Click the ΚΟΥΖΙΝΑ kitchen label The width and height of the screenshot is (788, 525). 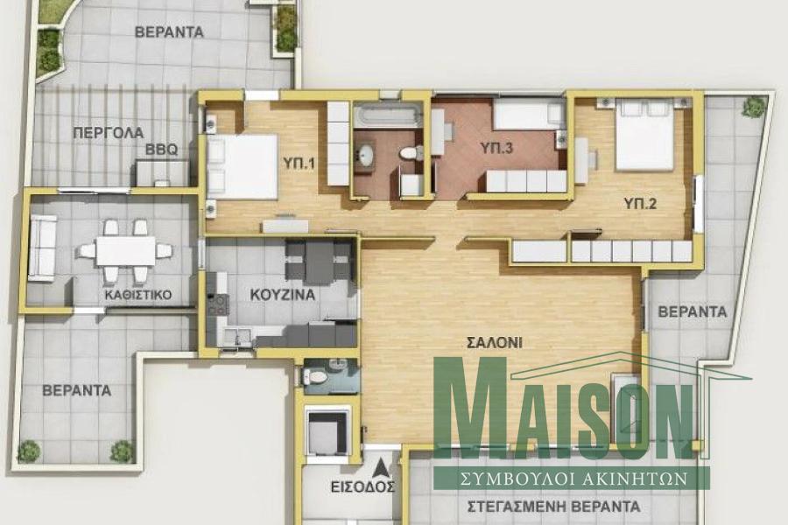[283, 294]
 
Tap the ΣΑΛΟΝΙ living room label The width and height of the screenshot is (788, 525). [495, 343]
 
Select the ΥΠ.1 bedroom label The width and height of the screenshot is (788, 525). [299, 163]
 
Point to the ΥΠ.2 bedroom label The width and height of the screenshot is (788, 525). [640, 204]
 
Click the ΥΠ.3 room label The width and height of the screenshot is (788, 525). [496, 148]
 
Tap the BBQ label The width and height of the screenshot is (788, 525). [161, 150]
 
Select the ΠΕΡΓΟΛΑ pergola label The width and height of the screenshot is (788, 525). [109, 133]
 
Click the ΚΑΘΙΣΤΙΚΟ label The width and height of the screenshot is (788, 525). [138, 294]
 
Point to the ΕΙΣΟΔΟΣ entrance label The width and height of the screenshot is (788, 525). [362, 486]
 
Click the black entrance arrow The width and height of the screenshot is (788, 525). [382, 468]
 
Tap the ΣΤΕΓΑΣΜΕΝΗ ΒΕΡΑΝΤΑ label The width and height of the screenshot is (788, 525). [554, 506]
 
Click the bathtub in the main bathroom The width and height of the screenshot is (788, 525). [386, 115]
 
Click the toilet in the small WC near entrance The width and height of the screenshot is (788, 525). [315, 375]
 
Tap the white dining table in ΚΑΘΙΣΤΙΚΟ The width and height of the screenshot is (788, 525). [125, 251]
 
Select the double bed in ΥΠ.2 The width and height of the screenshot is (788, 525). [644, 135]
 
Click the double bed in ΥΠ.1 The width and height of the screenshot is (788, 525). [243, 166]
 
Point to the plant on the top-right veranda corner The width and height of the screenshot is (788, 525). [754, 107]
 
